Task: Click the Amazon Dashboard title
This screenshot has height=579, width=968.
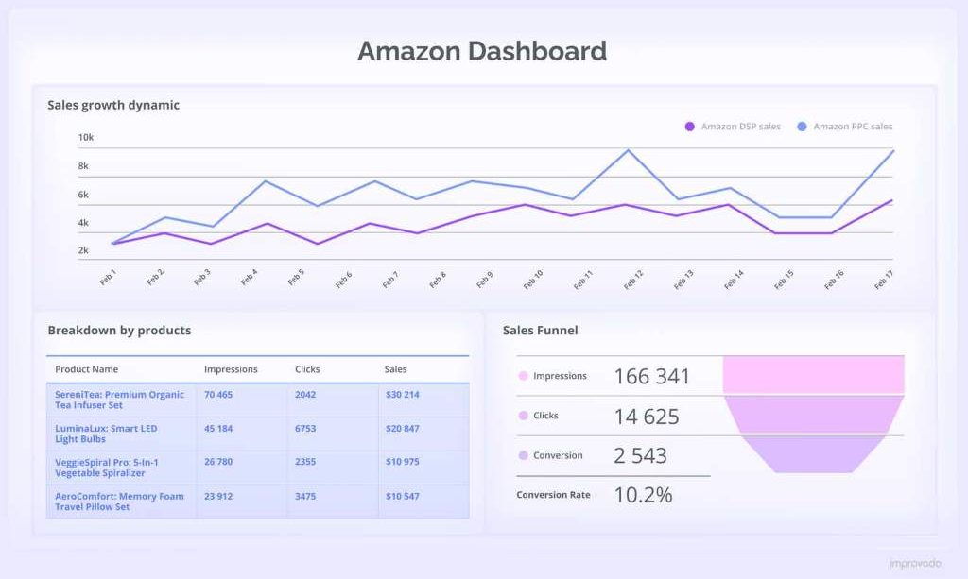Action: [x=482, y=51]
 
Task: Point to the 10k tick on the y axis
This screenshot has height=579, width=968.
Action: [x=85, y=138]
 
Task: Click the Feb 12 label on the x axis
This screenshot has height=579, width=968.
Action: [x=632, y=279]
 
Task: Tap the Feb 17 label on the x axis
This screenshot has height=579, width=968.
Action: [x=884, y=279]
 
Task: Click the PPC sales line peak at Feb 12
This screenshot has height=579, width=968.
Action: [x=628, y=150]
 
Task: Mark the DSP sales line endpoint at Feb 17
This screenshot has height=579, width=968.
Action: [x=890, y=200]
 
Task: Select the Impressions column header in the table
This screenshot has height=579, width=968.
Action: [x=231, y=369]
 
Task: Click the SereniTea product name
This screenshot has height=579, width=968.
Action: [x=119, y=400]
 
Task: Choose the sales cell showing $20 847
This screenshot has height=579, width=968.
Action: [x=403, y=429]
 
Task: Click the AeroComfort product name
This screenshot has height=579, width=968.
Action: [x=119, y=501]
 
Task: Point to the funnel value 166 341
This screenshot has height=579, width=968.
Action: [x=651, y=377]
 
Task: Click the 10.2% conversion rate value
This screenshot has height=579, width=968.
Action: [x=643, y=495]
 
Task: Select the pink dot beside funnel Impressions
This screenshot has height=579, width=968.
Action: [x=523, y=377]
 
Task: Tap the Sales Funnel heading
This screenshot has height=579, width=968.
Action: [x=540, y=331]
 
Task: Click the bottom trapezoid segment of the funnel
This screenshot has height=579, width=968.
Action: [x=813, y=454]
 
